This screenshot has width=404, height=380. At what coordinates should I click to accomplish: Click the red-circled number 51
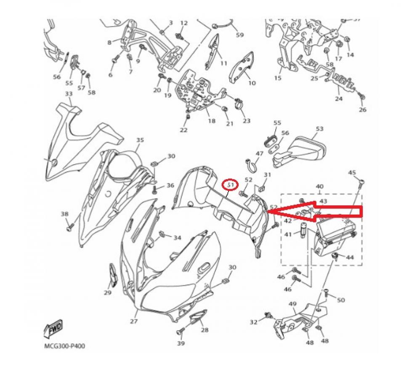tap(230, 184)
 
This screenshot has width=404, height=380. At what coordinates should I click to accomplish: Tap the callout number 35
tap(140, 140)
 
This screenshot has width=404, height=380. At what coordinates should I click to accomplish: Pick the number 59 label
tap(239, 35)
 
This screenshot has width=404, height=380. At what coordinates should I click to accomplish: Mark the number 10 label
tap(252, 83)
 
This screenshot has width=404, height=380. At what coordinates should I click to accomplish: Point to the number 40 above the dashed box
tap(319, 186)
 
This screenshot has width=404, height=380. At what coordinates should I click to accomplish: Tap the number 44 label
tap(350, 257)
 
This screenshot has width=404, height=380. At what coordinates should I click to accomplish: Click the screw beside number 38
tap(70, 227)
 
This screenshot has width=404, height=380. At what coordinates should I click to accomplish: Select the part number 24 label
tap(338, 99)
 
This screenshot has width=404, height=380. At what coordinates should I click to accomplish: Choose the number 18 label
tap(211, 121)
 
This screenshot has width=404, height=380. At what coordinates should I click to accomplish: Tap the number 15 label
tap(277, 78)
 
